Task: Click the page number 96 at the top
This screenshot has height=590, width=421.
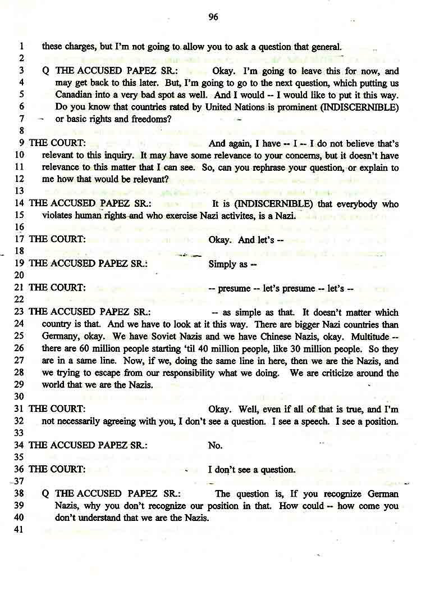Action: click(x=213, y=17)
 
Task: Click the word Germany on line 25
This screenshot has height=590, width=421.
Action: click(x=60, y=337)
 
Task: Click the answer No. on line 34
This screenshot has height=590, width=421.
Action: click(x=215, y=445)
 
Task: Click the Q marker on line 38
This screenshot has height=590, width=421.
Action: click(x=45, y=494)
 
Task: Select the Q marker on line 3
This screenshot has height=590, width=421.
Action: click(x=45, y=71)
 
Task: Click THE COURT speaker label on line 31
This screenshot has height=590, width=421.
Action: click(x=57, y=409)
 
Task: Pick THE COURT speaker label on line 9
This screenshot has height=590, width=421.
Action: click(x=57, y=143)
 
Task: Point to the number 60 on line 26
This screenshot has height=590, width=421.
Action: click(x=77, y=348)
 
